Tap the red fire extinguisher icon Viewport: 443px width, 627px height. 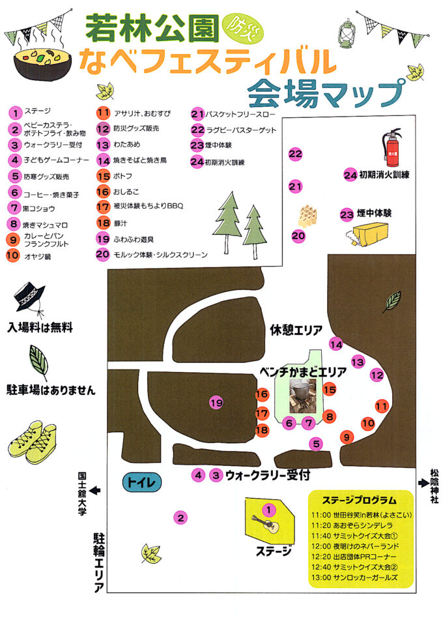click(392, 149)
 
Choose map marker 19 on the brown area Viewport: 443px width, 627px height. click(216, 403)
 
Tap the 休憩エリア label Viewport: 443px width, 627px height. click(296, 330)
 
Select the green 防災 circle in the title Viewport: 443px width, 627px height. click(235, 26)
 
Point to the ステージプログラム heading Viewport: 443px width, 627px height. click(359, 501)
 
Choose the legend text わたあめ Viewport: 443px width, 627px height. click(127, 144)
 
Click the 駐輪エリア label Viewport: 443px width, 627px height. click(100, 561)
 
